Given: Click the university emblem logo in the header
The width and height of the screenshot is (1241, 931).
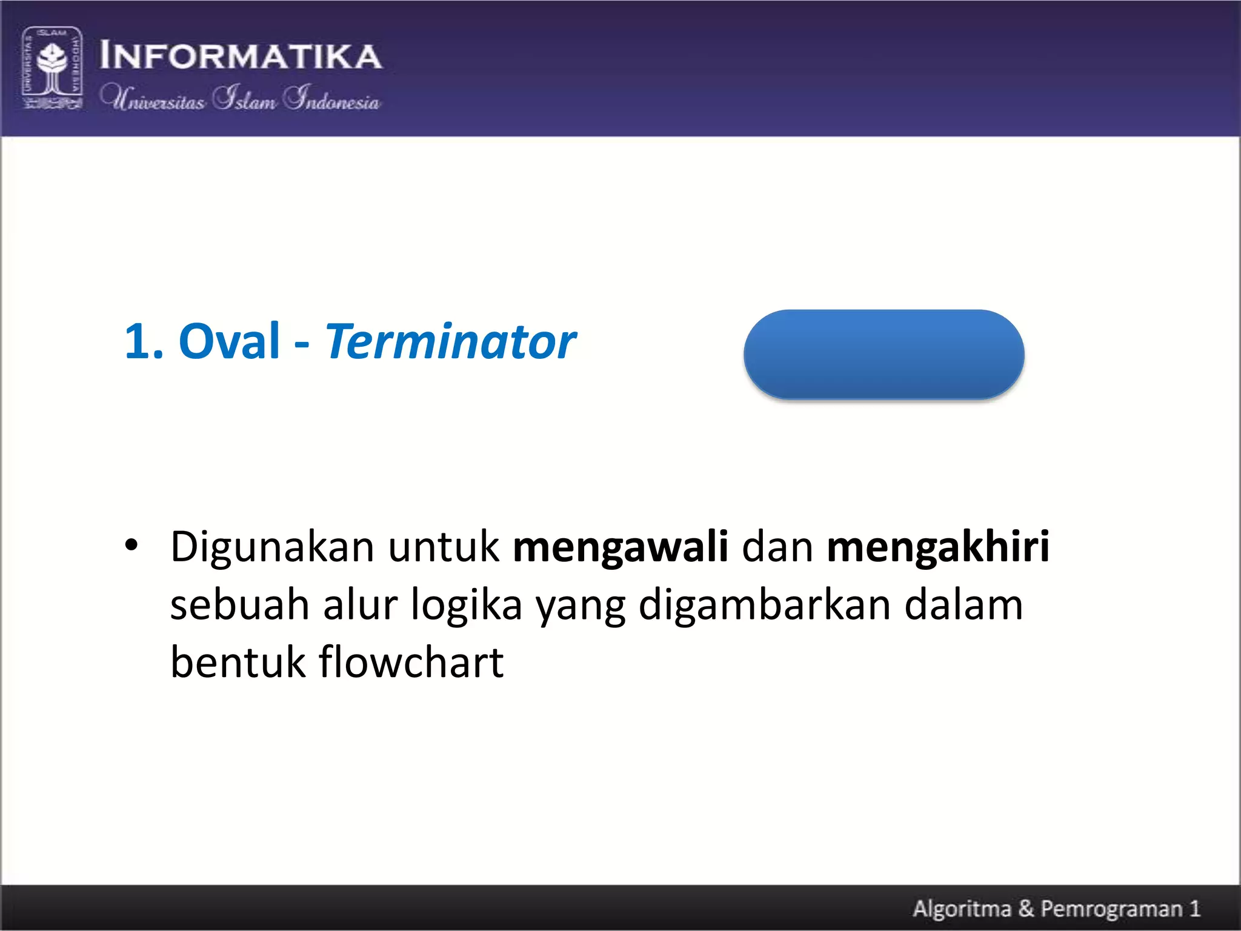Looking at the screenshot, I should [x=52, y=68].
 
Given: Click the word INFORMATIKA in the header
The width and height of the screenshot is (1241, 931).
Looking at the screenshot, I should [x=241, y=56].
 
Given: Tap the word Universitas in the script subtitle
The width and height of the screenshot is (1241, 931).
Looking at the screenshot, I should [x=153, y=98].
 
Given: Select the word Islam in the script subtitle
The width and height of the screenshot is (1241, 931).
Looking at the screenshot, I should [x=245, y=98].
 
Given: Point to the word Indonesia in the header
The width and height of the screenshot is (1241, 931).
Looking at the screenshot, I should [x=332, y=98].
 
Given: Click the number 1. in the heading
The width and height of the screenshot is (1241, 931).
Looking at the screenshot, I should [x=144, y=341].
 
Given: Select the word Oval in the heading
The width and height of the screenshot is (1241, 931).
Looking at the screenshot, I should [x=229, y=341].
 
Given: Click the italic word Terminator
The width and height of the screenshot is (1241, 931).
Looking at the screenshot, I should [x=450, y=341].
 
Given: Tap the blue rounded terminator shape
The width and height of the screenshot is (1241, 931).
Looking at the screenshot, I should [x=883, y=355].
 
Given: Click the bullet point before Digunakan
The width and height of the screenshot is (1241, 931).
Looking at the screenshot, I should [x=131, y=545].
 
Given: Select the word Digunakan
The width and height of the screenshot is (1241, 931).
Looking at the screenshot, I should [x=272, y=547].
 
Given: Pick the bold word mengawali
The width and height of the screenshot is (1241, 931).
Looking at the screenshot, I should [x=620, y=547].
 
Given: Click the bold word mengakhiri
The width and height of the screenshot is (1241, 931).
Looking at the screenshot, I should [x=937, y=547].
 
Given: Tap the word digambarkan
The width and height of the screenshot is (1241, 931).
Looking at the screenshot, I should [x=764, y=605].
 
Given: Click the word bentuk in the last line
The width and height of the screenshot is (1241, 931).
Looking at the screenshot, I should [x=238, y=662].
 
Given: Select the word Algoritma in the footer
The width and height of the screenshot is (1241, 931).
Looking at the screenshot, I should [x=962, y=909].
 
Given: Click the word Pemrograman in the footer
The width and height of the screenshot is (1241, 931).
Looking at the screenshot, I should [x=1111, y=909].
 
